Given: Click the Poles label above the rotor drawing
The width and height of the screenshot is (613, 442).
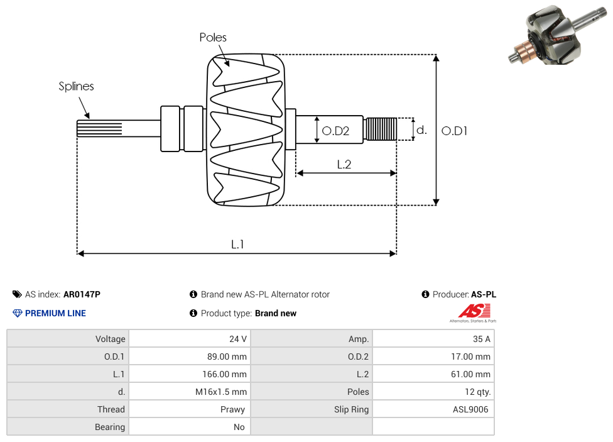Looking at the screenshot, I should pos(213,38).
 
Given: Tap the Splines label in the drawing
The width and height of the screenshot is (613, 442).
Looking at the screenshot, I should pos(76,86).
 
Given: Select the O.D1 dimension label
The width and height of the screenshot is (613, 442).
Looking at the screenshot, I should pos(455,131).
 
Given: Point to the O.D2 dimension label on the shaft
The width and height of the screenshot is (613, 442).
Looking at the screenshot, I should pos(335,131).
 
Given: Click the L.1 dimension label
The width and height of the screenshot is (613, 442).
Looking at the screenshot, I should pos(237,245).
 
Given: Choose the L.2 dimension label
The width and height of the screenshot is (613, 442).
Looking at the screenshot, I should pos(344,165).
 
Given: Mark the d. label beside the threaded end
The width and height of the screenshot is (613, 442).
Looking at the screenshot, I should pos(421,130).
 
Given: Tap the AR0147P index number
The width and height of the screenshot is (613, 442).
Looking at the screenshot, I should pos(82,294).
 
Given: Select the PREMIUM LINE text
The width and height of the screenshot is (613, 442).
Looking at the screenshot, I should pos(55,313).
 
